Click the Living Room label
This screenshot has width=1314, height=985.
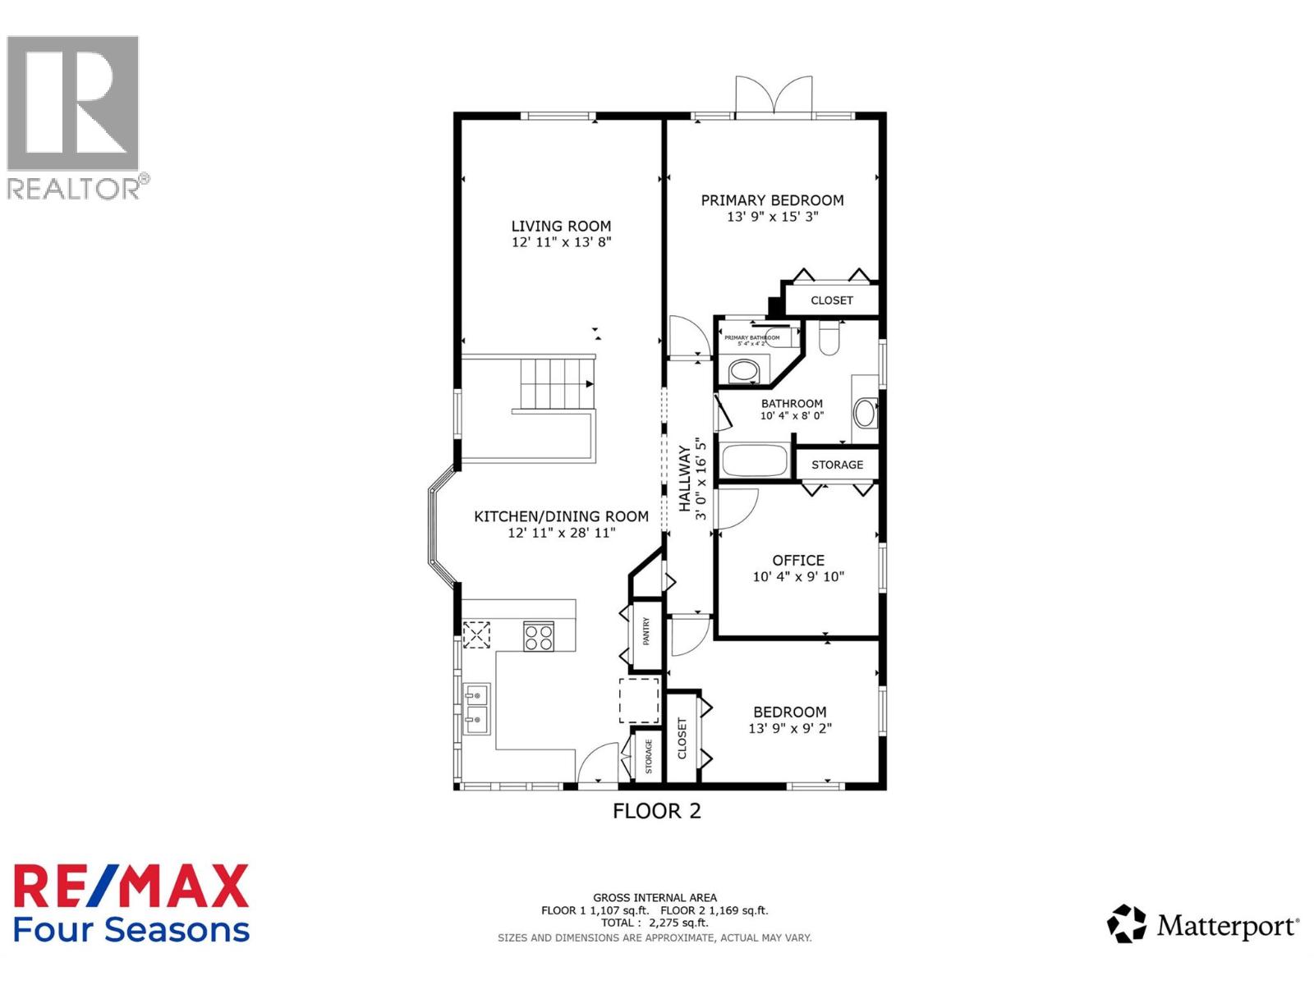point(561,226)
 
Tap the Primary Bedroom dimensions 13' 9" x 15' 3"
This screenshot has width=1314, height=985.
point(772,218)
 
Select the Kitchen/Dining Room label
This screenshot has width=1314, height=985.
point(561,516)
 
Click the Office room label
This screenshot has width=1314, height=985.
point(798,560)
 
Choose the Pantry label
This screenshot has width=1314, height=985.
point(646,631)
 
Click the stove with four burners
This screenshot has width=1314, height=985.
point(539,637)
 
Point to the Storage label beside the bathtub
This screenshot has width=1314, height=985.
point(837,465)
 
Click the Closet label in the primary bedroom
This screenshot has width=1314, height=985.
point(831,300)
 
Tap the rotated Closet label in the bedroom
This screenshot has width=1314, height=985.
point(682,738)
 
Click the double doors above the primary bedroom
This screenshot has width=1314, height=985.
point(774,95)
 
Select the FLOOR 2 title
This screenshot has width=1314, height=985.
point(656,811)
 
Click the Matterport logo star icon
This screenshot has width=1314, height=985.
point(1126,924)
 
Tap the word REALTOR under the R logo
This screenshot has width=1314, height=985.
point(74,189)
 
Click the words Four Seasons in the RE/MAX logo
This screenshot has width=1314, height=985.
point(131,930)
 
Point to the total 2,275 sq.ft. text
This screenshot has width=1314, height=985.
point(655,923)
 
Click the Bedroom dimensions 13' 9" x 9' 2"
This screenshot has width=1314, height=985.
point(790,728)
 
